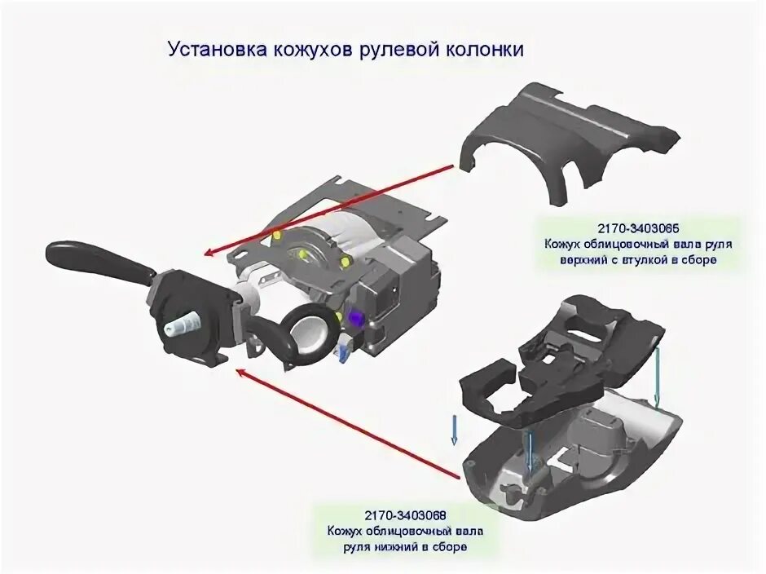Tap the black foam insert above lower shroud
[x=562, y=359]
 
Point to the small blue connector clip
[x=342, y=350]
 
